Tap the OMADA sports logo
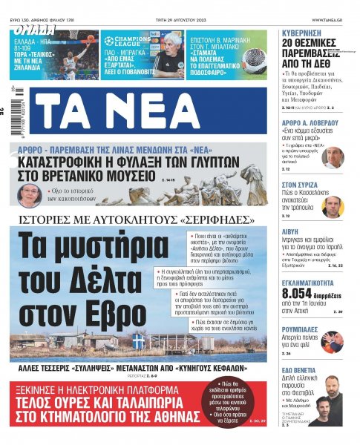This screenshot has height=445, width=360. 33,31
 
